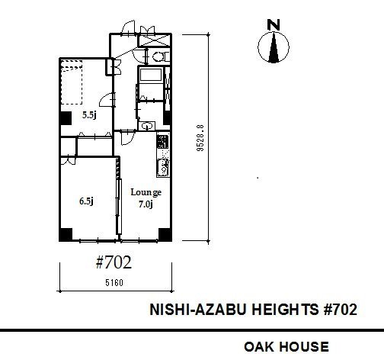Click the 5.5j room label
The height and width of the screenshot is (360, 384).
tap(89, 115)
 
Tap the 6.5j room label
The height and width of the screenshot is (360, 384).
tap(86, 201)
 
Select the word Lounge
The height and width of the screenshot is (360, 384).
tap(146, 192)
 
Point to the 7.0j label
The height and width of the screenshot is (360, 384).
tap(146, 204)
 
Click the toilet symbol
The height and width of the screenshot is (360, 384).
tap(159, 56)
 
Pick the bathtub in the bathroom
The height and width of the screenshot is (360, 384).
tap(151, 75)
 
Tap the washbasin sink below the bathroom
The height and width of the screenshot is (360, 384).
tap(147, 126)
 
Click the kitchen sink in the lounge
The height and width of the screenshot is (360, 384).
tap(163, 168)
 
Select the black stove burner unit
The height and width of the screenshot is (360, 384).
tap(162, 142)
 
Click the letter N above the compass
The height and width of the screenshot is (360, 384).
tap(274, 25)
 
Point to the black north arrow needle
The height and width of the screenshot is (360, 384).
tap(274, 47)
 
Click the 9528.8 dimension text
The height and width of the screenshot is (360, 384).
tap(201, 138)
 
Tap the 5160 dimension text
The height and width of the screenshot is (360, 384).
tap(114, 282)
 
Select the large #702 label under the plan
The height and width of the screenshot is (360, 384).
tap(114, 262)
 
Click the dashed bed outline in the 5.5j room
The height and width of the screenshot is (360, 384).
tap(72, 82)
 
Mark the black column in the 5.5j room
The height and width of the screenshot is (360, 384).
tap(66, 118)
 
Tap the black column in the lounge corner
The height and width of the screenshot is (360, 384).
tap(165, 234)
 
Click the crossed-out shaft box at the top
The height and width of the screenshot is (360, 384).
tap(154, 40)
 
